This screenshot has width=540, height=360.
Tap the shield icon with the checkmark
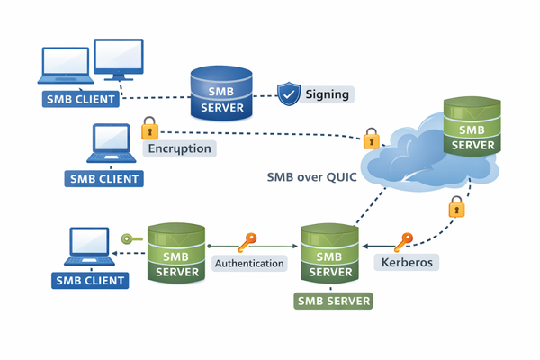287,94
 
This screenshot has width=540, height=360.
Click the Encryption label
179,148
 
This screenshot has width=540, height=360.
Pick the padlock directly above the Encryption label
150,127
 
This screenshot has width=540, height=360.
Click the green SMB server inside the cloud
472,126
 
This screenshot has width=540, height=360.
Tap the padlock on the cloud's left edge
371,139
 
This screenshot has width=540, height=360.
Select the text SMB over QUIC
311,177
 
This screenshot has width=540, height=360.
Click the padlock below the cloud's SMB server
456,206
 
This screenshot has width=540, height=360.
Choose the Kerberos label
408,263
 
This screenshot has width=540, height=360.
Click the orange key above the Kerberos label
404,240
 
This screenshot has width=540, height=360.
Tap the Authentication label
250,263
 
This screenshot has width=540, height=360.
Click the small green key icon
132,239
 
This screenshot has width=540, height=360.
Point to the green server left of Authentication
177,254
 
